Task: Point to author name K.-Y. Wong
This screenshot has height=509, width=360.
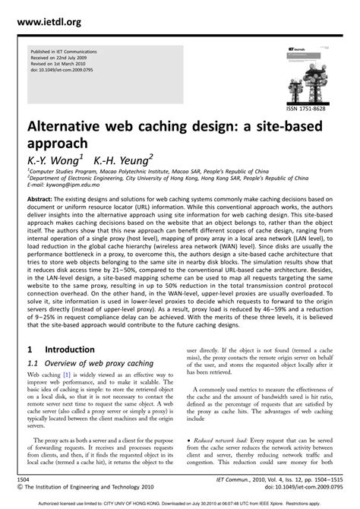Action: pyautogui.click(x=54, y=160)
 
